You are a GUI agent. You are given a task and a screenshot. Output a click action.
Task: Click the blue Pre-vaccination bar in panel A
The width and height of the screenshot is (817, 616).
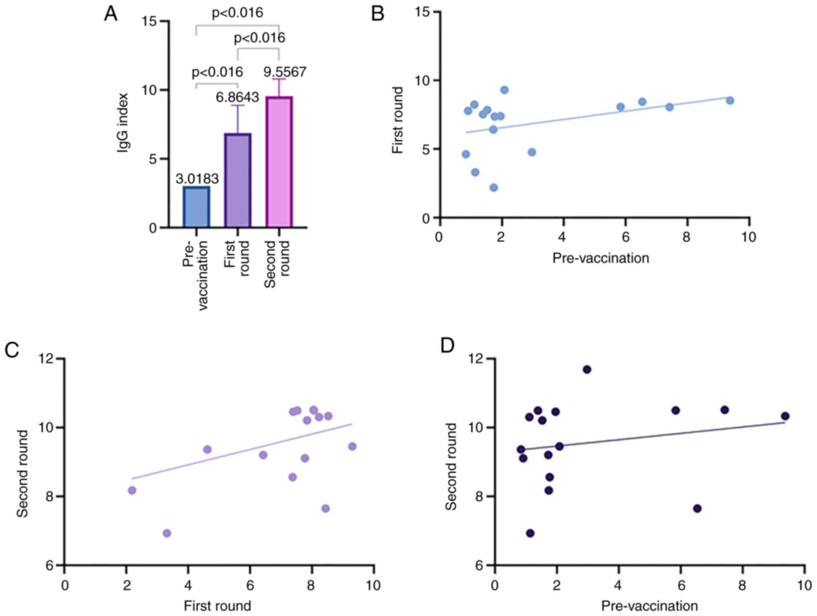(x=196, y=207)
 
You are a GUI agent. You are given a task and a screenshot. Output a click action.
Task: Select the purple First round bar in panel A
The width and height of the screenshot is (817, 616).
(x=237, y=180)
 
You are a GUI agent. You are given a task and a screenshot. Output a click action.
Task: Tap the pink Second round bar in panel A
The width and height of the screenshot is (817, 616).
(x=279, y=162)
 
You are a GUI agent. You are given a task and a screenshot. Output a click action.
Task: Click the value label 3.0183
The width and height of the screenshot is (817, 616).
(x=197, y=178)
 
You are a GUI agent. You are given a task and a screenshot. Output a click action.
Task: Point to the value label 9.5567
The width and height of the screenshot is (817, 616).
(x=284, y=72)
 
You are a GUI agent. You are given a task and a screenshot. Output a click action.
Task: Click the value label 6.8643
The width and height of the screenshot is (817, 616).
(x=237, y=97)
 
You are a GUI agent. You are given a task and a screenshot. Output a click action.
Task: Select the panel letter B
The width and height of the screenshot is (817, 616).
(x=378, y=14)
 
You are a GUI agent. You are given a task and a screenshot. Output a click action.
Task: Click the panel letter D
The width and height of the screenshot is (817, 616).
(x=447, y=346)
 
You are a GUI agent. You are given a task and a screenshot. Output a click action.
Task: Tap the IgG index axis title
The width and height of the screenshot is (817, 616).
(x=123, y=123)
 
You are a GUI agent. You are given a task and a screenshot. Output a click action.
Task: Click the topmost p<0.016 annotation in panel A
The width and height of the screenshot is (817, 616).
(x=237, y=13)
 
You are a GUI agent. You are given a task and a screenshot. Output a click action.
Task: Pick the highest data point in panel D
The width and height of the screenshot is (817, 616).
(x=587, y=369)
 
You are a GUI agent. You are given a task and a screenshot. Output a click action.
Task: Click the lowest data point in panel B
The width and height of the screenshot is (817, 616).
(x=494, y=187)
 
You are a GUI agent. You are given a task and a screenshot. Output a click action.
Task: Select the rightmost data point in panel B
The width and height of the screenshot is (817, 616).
(x=730, y=100)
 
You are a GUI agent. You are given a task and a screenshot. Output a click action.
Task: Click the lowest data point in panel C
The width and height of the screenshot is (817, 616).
(x=167, y=533)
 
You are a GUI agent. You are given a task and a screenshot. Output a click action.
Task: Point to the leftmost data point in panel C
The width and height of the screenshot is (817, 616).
(x=132, y=490)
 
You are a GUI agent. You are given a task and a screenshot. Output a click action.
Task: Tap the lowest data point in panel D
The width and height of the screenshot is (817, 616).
(x=530, y=533)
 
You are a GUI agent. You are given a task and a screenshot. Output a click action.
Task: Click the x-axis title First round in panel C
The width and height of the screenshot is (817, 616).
(x=217, y=606)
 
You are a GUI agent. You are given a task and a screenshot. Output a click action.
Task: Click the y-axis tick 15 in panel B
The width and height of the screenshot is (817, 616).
(x=422, y=12)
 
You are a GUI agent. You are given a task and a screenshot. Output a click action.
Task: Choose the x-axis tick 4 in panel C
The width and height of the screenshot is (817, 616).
(x=188, y=585)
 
